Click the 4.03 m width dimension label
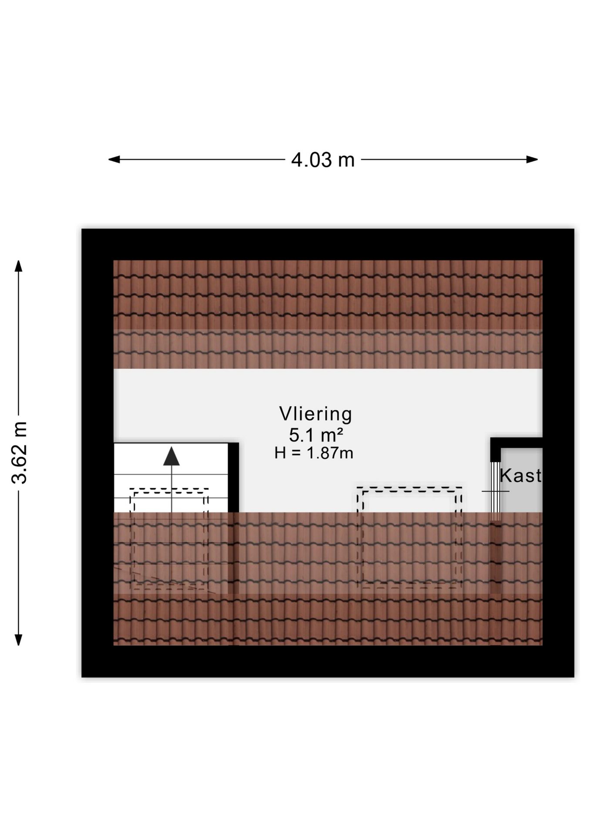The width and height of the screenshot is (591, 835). pos(323,160)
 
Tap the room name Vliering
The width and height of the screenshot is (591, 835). pos(316,414)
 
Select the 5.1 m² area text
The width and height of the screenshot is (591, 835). pos(316,434)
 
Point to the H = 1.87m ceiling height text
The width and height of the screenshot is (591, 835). pos(314,453)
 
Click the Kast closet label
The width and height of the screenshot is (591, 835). pos(521,475)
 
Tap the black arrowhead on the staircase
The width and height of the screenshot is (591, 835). pos(171,456)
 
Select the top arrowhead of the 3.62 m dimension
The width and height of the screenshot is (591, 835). pos(18,266)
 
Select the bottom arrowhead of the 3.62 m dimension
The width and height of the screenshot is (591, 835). pos(18,640)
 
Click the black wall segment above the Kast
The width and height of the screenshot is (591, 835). pos(517,443)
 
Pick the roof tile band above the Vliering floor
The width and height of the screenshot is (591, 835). pos(328,314)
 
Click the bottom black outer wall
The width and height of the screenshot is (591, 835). pos(328,661)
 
